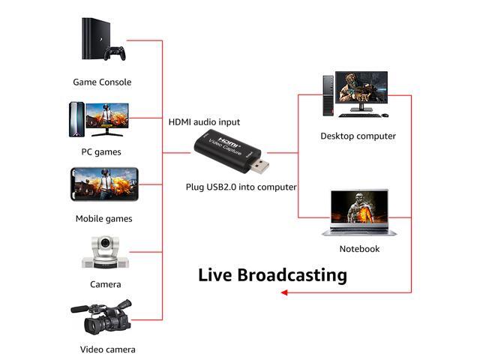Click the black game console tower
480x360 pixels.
tap(95, 38)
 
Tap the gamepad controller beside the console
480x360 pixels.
tap(115, 53)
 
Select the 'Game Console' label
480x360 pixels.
tap(102, 82)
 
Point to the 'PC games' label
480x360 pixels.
tap(101, 151)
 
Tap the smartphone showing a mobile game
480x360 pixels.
tap(104, 184)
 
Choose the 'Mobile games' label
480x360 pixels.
tap(103, 218)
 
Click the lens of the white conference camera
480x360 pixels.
tap(105, 243)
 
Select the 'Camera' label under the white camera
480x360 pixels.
tap(105, 284)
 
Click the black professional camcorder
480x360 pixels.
tap(102, 317)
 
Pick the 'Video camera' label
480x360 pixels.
tap(108, 349)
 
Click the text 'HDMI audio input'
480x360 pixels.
tap(204, 122)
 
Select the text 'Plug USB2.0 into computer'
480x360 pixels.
tap(241, 187)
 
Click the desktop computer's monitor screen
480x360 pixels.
tap(361, 88)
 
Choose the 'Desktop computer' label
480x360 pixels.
tap(358, 136)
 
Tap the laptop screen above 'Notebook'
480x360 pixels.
tap(359, 207)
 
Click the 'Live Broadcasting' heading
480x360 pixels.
tap(272, 274)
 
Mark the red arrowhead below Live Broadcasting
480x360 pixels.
tap(284, 292)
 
